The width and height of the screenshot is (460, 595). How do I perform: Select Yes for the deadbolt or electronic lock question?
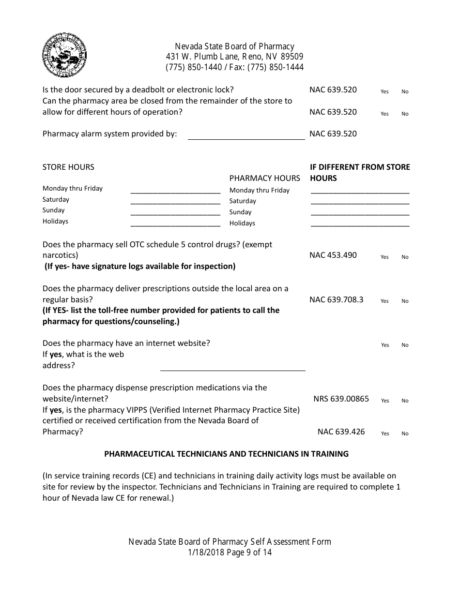[x=384, y=91]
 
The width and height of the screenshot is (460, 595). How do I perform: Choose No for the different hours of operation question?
[x=405, y=114]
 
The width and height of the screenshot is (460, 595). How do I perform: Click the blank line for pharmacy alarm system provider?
[x=246, y=135]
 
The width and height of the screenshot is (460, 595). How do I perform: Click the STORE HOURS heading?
[x=68, y=167]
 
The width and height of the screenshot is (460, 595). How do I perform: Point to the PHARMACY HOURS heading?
[x=264, y=178]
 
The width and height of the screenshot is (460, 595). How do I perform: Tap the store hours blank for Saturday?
[x=175, y=200]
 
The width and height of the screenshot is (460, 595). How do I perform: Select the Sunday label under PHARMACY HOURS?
[x=240, y=212]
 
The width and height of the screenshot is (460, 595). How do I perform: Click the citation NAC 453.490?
[x=333, y=255]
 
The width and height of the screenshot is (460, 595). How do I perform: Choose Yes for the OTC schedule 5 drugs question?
[x=384, y=257]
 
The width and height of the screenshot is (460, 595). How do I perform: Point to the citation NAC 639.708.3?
[x=336, y=299]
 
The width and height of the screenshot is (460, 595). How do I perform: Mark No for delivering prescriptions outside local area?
[x=405, y=301]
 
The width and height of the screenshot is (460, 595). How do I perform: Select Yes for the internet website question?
[x=385, y=345]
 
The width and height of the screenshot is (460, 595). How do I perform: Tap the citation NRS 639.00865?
[x=341, y=399]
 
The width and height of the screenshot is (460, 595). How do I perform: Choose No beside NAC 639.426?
[x=405, y=433]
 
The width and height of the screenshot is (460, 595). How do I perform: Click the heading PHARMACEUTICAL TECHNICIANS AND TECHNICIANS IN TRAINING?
[x=227, y=454]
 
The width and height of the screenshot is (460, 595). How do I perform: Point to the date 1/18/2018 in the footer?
[x=205, y=552]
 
